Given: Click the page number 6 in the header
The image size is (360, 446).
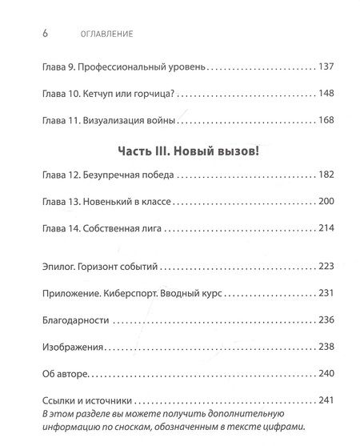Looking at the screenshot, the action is click(33, 35).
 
